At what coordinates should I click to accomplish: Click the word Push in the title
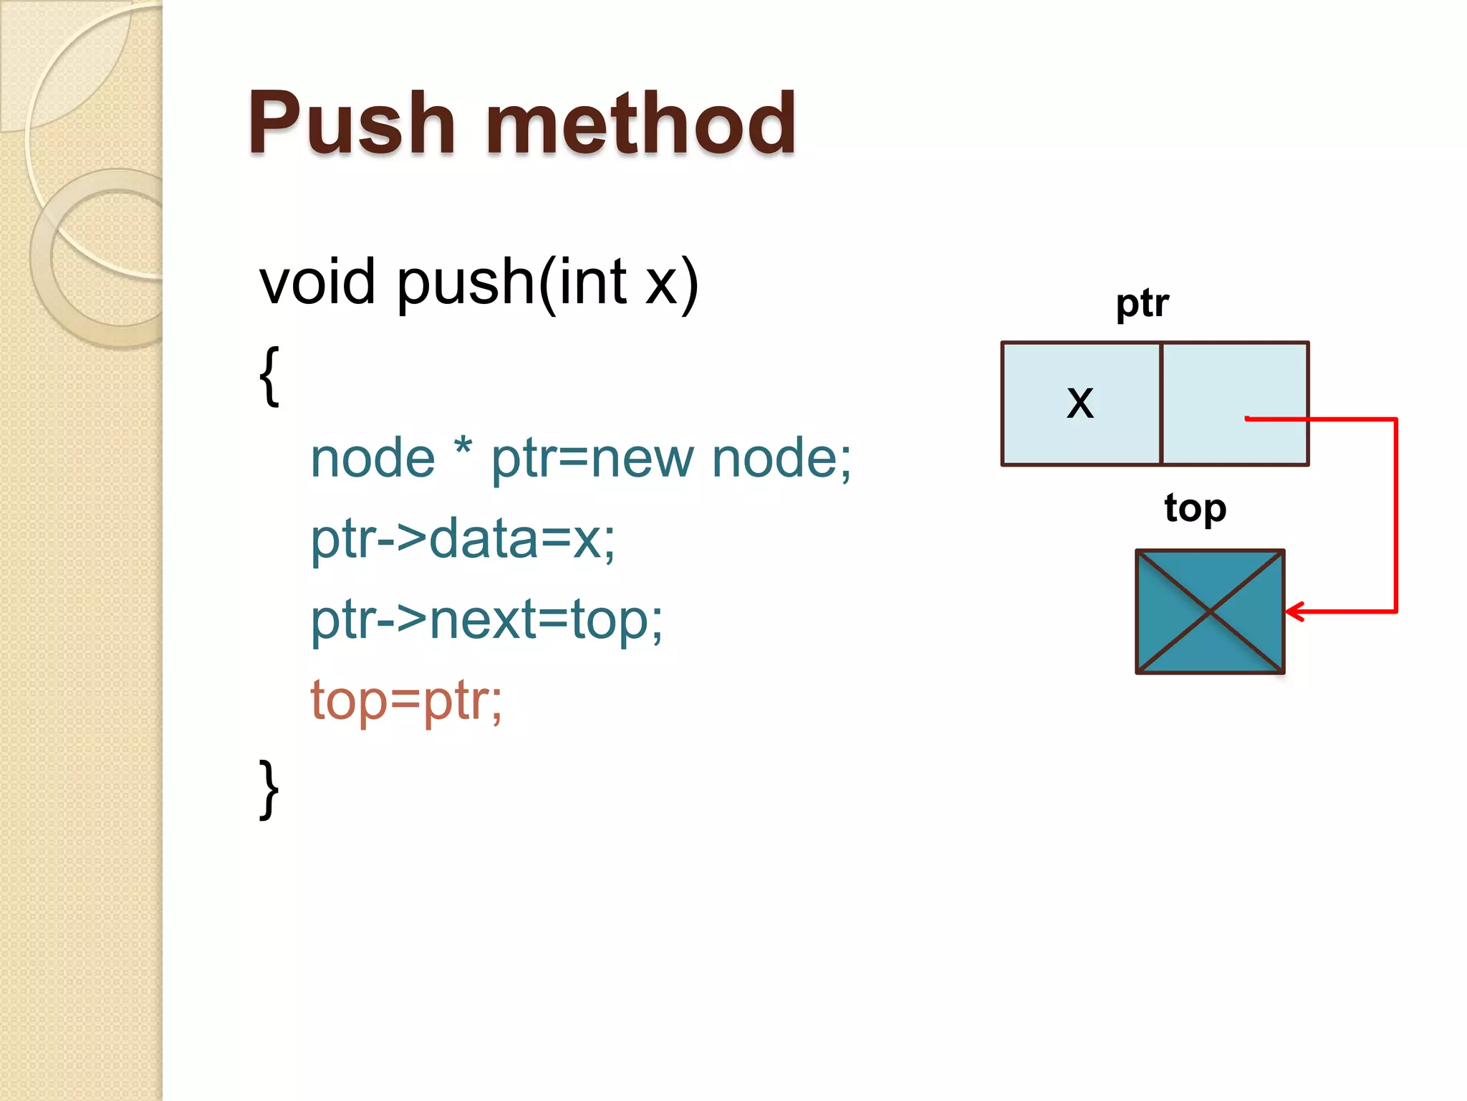click(x=351, y=123)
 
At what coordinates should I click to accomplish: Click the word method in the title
click(x=640, y=123)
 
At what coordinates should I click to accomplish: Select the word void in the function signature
click(x=317, y=282)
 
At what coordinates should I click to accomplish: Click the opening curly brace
click(x=269, y=376)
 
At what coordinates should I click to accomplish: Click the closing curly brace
click(x=269, y=788)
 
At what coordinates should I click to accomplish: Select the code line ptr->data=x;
click(x=462, y=539)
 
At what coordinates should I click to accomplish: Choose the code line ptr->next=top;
click(x=486, y=619)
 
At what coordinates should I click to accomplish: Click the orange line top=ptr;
click(x=406, y=700)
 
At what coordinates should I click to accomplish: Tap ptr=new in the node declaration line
click(x=592, y=459)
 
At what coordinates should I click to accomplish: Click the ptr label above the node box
click(x=1142, y=304)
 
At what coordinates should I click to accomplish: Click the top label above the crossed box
click(x=1195, y=509)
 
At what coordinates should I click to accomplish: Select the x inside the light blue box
click(x=1080, y=403)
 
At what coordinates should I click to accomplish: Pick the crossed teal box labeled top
click(x=1210, y=611)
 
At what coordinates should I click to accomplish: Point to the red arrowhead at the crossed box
click(x=1294, y=611)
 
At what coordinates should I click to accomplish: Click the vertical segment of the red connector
click(x=1396, y=516)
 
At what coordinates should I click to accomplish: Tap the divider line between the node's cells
click(x=1160, y=404)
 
